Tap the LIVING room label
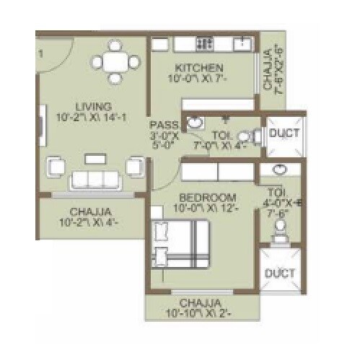(89, 107)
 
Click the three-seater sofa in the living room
(94, 178)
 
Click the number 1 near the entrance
(41, 53)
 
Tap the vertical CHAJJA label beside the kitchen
(271, 69)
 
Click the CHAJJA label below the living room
(90, 212)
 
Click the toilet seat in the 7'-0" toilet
(244, 135)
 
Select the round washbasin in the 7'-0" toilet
(193, 123)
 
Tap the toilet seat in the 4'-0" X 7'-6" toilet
(281, 226)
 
